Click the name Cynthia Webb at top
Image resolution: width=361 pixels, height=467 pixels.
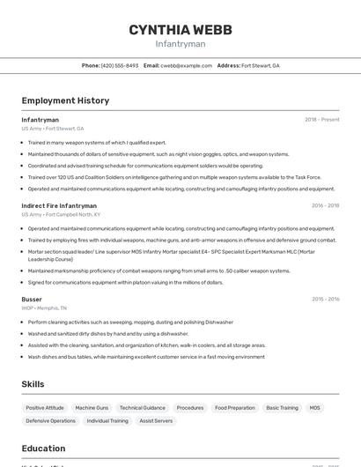click(180, 29)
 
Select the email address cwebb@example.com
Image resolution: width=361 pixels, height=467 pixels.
click(186, 65)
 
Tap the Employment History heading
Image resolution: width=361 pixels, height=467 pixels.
click(65, 100)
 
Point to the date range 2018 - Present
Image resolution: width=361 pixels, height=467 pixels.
click(321, 120)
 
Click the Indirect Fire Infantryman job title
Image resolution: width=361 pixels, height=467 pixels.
click(59, 205)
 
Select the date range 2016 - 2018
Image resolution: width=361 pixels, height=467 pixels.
click(325, 205)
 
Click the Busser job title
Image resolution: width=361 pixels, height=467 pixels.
click(32, 300)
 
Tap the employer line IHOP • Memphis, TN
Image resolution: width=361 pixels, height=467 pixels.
click(45, 308)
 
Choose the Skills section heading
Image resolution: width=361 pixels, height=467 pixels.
click(33, 384)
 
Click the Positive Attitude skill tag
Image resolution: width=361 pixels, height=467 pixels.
click(45, 408)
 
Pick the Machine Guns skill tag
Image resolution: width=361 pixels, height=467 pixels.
click(92, 408)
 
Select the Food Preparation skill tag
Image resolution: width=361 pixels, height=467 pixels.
click(235, 408)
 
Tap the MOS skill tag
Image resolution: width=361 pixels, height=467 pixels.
click(315, 408)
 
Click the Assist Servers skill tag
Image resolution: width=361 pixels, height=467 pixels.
click(156, 421)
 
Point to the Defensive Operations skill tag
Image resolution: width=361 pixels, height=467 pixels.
click(50, 421)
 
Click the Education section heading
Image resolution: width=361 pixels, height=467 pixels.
click(43, 448)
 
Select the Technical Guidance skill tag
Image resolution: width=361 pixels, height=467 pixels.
click(143, 408)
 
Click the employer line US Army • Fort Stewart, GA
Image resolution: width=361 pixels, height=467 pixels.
click(53, 129)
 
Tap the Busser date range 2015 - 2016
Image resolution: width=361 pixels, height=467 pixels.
click(325, 300)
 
